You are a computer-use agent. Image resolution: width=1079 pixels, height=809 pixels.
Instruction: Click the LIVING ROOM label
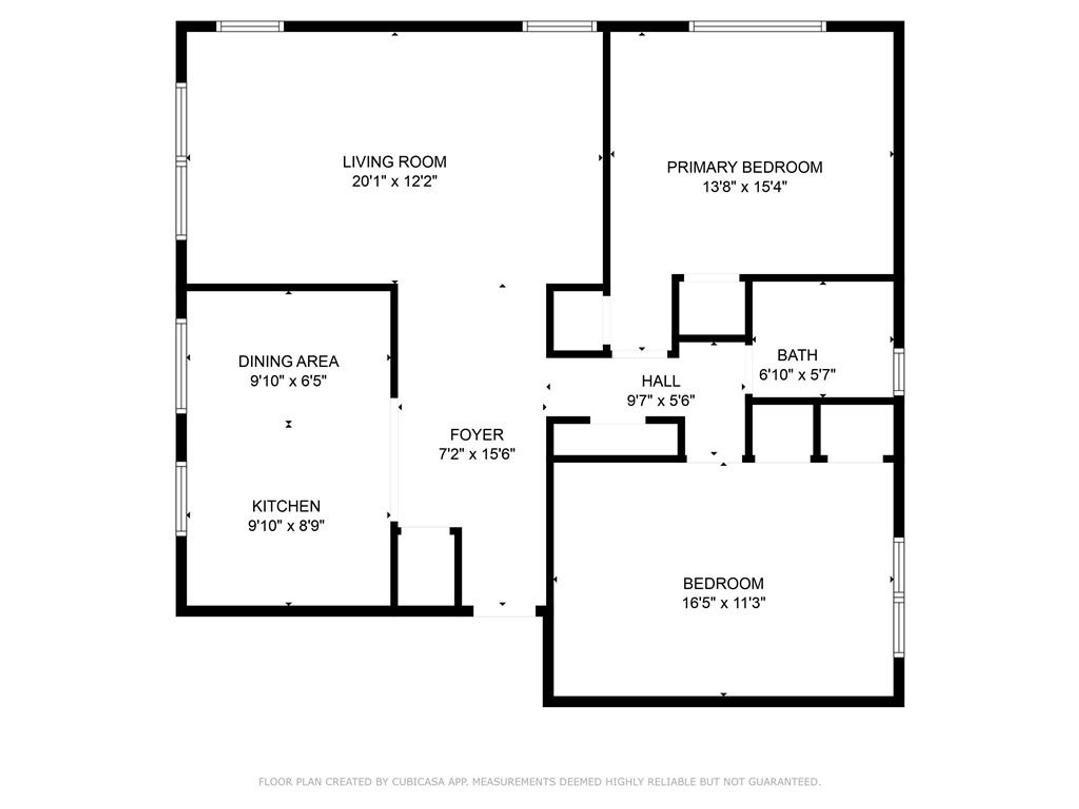[x=394, y=162]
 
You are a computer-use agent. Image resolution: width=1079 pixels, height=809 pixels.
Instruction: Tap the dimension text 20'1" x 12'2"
[x=394, y=182]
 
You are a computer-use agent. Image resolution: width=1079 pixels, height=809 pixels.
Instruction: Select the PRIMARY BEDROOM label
[x=744, y=167]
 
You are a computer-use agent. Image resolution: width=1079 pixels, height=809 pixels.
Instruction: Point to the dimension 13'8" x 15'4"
[x=744, y=187]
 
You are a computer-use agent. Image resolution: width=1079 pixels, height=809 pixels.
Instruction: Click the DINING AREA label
[x=288, y=361]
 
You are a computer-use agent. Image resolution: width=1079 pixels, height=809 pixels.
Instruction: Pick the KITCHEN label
[x=286, y=506]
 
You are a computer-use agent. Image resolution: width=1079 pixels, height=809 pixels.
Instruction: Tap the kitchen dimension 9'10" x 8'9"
[x=286, y=526]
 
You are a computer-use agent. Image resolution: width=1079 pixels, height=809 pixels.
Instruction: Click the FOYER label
[x=476, y=435]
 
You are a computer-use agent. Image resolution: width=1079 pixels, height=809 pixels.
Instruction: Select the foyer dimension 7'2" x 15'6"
[x=476, y=454]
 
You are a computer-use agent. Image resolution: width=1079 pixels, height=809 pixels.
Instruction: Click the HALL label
[x=660, y=381]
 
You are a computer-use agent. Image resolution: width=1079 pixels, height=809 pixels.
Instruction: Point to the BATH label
[x=797, y=355]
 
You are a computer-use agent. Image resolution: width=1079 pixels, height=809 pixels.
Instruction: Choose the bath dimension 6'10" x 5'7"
[x=797, y=374]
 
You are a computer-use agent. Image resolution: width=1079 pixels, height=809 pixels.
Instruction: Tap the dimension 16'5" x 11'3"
[x=723, y=603]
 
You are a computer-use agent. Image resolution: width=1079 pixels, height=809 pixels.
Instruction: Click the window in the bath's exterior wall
[x=899, y=371]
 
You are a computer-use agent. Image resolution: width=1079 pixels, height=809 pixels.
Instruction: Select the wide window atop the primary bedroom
[x=757, y=26]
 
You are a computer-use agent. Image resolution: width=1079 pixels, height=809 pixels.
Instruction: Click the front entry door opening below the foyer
[x=504, y=611]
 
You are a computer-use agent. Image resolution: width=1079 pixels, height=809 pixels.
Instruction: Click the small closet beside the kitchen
[x=426, y=568]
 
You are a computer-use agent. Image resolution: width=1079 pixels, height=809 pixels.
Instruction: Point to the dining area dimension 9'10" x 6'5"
[x=288, y=381]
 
